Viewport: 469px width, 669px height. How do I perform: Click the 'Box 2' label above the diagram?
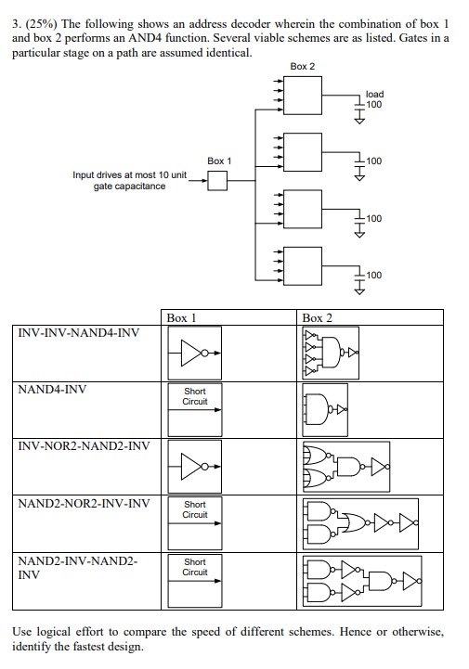point(303,67)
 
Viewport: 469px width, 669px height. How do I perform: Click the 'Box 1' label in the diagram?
point(219,161)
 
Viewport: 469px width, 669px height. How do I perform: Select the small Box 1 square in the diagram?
point(217,181)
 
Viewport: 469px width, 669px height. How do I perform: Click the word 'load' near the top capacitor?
point(374,95)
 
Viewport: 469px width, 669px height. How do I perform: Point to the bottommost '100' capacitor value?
point(373,275)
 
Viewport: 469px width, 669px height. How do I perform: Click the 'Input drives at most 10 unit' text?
point(129,174)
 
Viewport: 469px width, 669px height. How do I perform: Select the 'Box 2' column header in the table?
point(318,318)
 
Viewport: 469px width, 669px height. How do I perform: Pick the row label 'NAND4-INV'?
point(53,390)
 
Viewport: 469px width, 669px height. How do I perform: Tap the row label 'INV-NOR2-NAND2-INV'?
point(85,446)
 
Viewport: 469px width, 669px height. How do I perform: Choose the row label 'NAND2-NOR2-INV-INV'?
point(85,504)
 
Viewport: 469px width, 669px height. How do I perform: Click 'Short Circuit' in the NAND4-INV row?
point(195,396)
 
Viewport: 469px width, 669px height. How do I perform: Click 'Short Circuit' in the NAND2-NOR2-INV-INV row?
point(195,509)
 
